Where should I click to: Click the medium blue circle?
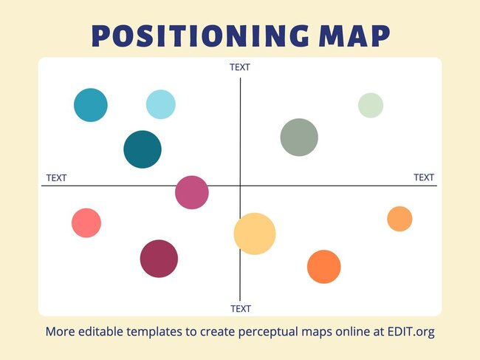point(91,105)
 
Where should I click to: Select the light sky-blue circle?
point(160,104)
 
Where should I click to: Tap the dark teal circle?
point(143,149)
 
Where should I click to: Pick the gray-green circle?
point(299,137)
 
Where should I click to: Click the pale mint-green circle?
point(371,105)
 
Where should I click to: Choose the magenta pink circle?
point(192,193)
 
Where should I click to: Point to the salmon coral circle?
point(86,223)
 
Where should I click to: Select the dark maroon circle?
point(159,259)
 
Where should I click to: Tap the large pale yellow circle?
point(255,234)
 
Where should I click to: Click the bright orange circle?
point(323,267)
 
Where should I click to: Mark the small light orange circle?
point(400,219)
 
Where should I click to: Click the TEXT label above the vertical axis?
point(240,67)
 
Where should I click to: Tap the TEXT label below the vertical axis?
point(241,308)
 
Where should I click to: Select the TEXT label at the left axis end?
point(56,177)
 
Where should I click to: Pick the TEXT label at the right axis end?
point(424,177)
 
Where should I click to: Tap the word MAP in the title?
point(357,36)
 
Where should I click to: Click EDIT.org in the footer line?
point(409,331)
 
